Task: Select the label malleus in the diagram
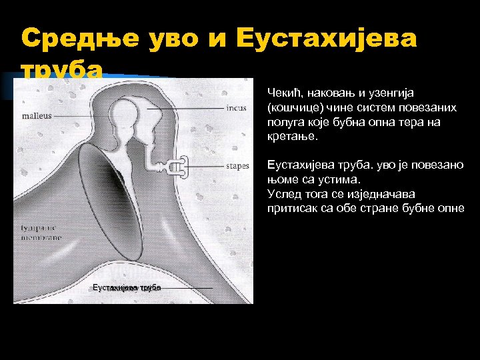point(36,115)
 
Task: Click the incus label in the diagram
point(236,108)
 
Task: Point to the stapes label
point(237,166)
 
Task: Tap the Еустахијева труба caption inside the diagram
point(126,287)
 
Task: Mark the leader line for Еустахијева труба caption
point(187,287)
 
